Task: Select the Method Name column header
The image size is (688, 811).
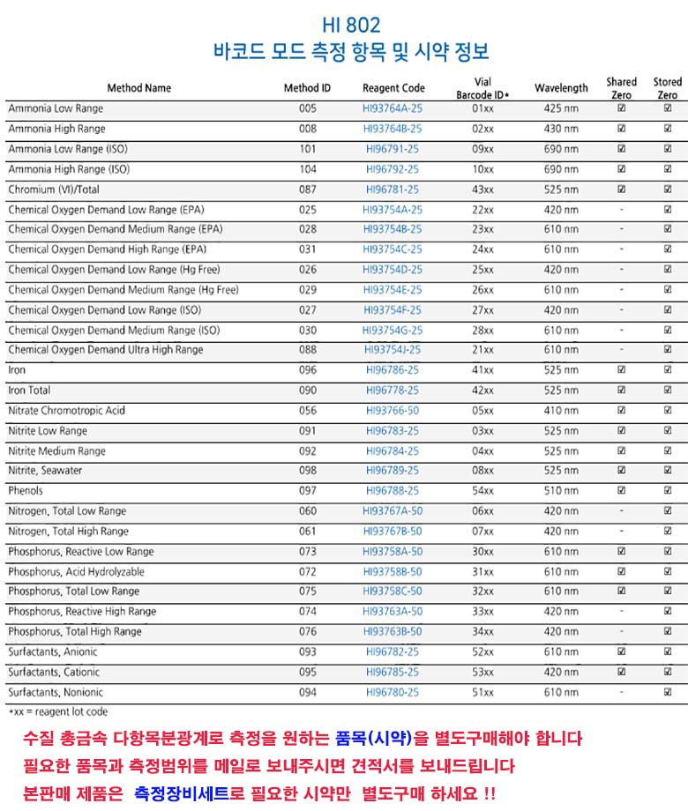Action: tap(139, 88)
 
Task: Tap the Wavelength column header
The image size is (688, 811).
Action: tap(561, 88)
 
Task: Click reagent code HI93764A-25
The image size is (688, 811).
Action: tap(393, 108)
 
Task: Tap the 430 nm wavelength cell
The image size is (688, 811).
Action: tap(561, 129)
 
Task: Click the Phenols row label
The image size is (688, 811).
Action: tap(26, 491)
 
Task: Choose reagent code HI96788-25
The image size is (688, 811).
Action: tap(393, 491)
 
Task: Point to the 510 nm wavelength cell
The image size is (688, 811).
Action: tap(561, 491)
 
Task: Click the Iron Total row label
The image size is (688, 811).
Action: tap(29, 391)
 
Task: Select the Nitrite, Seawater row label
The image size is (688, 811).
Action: tap(46, 471)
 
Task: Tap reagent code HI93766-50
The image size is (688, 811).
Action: tap(393, 411)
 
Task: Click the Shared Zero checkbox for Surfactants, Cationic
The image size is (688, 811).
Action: tap(621, 673)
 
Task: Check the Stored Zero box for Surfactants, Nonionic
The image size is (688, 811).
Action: tap(668, 693)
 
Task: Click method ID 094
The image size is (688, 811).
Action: tap(307, 693)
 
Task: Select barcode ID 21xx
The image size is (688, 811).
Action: tap(482, 350)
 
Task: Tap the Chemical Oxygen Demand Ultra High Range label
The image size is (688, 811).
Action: tap(106, 350)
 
